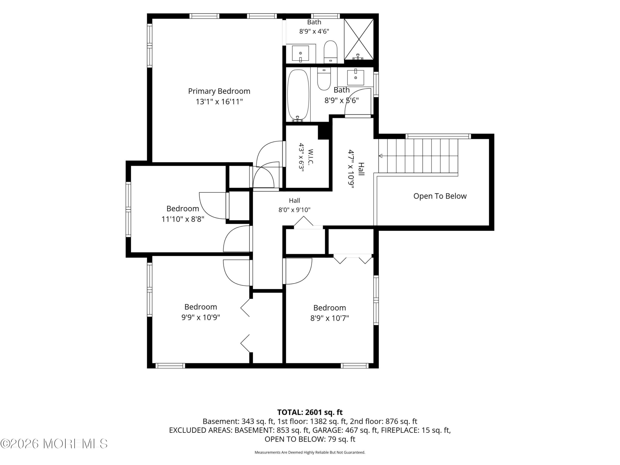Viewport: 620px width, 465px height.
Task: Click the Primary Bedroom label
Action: pos(219,91)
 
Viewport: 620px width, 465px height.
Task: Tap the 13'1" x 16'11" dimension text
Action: pos(219,101)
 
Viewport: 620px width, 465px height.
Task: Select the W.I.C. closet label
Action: pos(310,157)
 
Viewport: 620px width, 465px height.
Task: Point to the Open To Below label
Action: pos(440,196)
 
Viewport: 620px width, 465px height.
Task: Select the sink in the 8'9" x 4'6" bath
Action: pos(301,53)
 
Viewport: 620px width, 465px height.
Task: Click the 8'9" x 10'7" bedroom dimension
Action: pos(329,318)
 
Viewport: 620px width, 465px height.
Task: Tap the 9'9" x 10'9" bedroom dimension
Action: pos(201,317)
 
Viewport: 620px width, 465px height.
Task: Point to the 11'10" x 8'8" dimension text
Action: pos(183,219)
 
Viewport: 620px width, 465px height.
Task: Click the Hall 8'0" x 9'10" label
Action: pos(294,205)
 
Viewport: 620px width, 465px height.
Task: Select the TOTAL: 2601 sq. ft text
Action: pos(310,412)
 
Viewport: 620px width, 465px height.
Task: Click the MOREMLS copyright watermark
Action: pos(54,444)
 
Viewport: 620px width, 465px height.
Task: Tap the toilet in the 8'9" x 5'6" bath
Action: pos(324,79)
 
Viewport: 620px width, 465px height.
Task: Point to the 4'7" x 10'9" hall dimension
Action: pos(351,169)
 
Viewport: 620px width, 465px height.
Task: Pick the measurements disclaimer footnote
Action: pos(310,452)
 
